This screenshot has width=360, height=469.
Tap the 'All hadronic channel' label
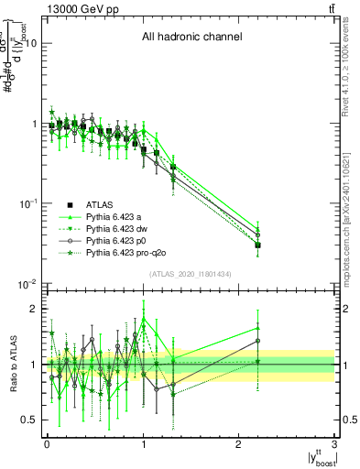pos(191,38)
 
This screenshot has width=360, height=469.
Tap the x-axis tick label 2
pos(239,444)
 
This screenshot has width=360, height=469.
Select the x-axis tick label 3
pos(334,444)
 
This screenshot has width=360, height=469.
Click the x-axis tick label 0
pos(47,444)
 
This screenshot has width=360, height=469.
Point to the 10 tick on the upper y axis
pos(31,43)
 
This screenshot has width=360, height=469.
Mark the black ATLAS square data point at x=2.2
pos(258,245)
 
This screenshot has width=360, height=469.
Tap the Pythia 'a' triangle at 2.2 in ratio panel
pos(258,328)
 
